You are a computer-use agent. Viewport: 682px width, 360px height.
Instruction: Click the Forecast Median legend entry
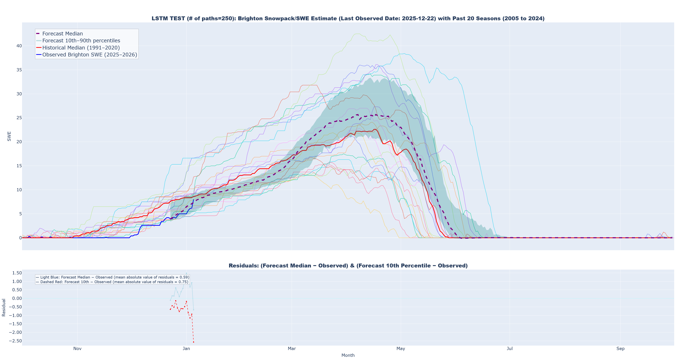(62, 34)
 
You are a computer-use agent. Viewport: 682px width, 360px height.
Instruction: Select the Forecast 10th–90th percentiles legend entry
(81, 41)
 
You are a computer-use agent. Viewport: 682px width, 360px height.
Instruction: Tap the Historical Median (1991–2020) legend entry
(81, 48)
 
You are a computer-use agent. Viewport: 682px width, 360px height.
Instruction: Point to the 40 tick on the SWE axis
(19, 46)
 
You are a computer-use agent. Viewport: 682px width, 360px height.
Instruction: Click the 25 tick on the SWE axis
(19, 118)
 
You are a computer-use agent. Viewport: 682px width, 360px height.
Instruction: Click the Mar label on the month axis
(292, 349)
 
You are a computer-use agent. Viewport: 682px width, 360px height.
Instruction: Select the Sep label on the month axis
(620, 349)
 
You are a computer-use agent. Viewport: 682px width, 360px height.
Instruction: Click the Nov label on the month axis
(77, 349)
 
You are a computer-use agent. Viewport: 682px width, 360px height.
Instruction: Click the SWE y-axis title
(9, 136)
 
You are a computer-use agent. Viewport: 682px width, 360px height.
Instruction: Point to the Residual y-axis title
(4, 307)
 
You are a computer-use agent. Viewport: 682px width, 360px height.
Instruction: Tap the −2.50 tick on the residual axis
(15, 341)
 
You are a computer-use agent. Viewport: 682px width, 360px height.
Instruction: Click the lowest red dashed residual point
(193, 342)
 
